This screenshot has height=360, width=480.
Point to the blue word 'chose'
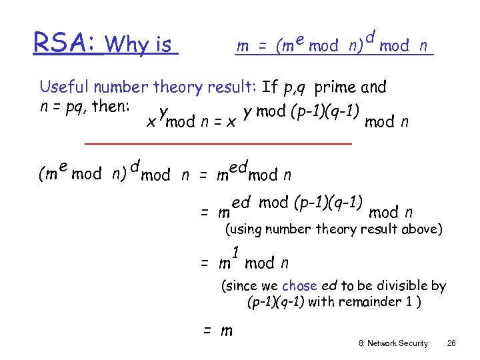299,286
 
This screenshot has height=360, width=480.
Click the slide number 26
451,343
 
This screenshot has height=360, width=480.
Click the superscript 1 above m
235,252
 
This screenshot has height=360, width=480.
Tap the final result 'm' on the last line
226,331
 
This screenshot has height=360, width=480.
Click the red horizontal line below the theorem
218,143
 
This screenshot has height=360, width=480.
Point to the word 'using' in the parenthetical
246,230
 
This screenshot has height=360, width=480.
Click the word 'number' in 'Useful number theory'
121,87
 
